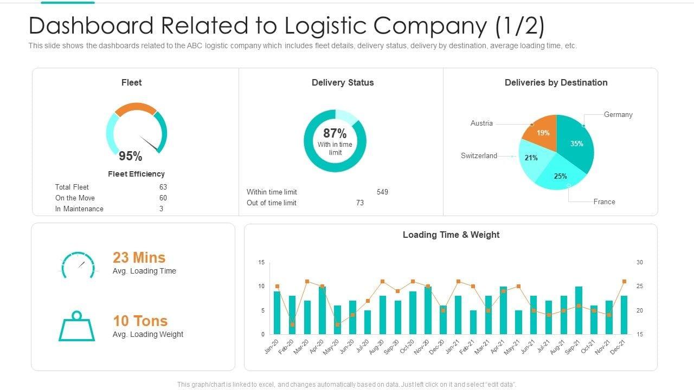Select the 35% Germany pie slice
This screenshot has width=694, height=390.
point(576,144)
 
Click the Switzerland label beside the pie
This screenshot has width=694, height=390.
point(479,156)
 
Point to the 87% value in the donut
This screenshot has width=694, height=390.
point(335,133)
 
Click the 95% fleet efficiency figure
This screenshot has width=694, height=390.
point(130,157)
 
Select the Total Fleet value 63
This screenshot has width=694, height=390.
point(163,187)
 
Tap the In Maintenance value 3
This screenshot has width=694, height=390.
point(161,209)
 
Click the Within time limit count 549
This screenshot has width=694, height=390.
point(382,192)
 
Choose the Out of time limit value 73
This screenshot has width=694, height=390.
point(359,203)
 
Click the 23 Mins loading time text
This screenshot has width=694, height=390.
point(139,258)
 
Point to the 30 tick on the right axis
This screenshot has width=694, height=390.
point(640,263)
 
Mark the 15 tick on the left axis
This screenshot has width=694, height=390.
point(261,263)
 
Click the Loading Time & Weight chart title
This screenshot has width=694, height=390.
point(451,235)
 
